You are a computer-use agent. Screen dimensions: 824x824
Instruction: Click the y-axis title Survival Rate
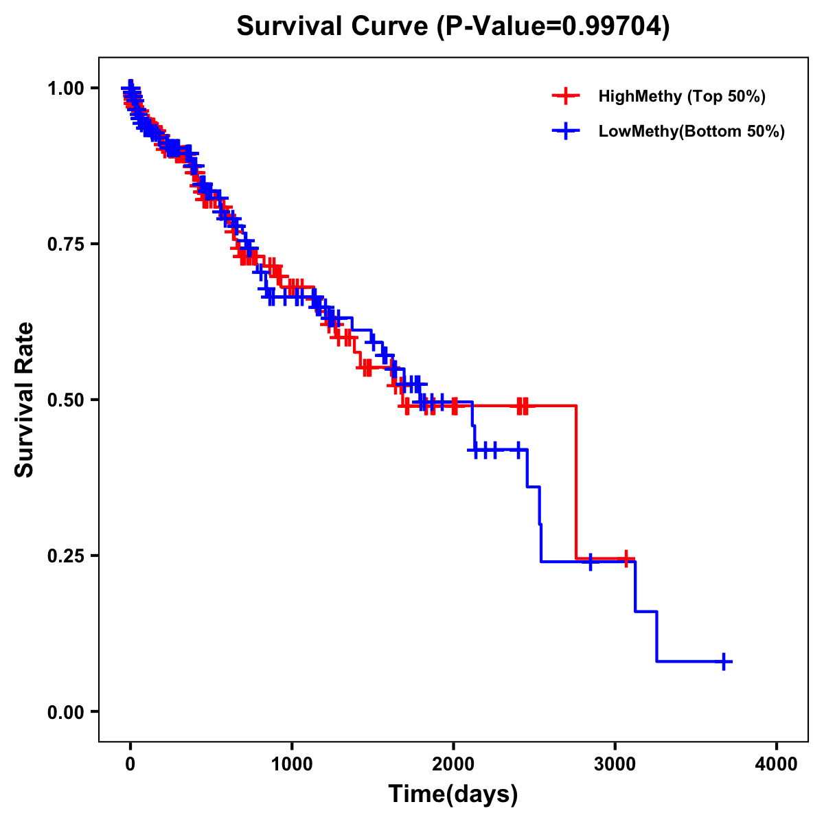(x=25, y=399)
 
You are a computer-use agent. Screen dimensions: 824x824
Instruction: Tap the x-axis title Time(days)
(x=453, y=794)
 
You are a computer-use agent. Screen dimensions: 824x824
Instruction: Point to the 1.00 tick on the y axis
(x=65, y=88)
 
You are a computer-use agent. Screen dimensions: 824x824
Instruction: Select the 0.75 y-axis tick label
(x=65, y=244)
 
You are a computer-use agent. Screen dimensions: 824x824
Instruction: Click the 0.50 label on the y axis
(x=65, y=400)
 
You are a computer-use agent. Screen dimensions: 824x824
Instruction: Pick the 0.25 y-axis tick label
(x=65, y=556)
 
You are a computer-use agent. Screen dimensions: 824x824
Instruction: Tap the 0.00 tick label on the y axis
(x=65, y=711)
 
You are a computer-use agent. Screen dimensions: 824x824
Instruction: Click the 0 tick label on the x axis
(x=130, y=764)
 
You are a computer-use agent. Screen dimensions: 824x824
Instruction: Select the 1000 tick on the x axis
(x=292, y=764)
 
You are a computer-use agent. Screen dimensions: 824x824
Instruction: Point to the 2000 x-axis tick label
(x=453, y=764)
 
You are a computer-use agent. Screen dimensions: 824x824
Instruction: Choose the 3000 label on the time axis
(x=615, y=764)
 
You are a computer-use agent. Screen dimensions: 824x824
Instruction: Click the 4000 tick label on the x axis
(x=777, y=764)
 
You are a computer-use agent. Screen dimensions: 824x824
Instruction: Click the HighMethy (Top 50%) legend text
(x=681, y=96)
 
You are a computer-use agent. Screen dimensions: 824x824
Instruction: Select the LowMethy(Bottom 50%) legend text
(x=691, y=131)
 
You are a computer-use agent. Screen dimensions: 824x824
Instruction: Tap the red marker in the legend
(x=566, y=96)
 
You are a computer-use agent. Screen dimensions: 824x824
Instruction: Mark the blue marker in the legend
(x=566, y=131)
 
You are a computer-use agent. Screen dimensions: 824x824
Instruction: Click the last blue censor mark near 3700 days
(x=724, y=661)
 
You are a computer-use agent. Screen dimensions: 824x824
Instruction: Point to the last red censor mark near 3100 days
(x=626, y=559)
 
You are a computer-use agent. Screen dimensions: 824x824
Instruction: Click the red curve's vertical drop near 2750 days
(x=575, y=481)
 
